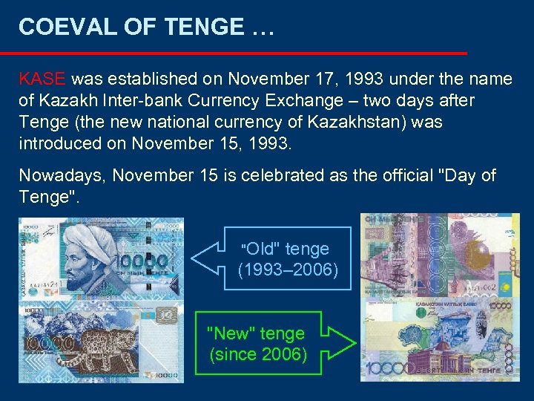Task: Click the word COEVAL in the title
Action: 56,27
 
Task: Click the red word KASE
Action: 43,79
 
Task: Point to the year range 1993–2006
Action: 288,270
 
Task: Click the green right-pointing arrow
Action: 341,344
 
